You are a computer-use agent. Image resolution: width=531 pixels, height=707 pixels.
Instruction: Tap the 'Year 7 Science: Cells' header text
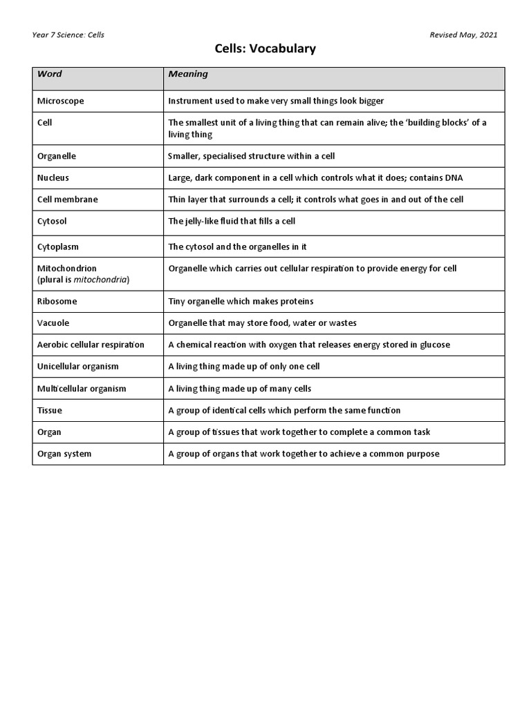click(x=68, y=35)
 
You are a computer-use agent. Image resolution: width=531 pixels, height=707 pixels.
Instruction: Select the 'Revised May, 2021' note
click(x=463, y=35)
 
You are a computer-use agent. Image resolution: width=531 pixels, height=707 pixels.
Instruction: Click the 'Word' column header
click(x=49, y=74)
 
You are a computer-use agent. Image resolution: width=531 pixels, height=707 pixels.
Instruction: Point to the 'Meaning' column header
click(x=188, y=74)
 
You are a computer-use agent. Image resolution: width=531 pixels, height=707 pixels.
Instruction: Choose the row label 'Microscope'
click(x=60, y=101)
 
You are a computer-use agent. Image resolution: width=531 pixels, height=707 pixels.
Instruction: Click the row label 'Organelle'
click(x=56, y=156)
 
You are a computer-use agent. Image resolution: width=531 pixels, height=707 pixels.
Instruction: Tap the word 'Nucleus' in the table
click(x=53, y=177)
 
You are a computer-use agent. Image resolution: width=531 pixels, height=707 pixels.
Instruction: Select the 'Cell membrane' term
click(x=67, y=200)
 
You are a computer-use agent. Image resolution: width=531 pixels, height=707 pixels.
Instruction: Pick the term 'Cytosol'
click(x=52, y=222)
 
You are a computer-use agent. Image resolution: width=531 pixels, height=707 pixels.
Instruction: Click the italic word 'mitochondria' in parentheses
click(x=100, y=280)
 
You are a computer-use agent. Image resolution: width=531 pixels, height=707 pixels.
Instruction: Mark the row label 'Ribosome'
click(x=57, y=302)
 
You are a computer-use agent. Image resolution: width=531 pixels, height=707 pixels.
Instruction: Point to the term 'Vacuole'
click(x=53, y=323)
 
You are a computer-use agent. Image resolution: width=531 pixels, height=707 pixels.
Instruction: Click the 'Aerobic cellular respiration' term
click(x=91, y=345)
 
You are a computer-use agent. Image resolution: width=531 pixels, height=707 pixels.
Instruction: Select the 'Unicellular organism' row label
click(x=77, y=367)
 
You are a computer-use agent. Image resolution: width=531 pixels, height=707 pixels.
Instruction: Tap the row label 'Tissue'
click(x=49, y=410)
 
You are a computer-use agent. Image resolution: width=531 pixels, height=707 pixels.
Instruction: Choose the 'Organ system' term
click(x=64, y=454)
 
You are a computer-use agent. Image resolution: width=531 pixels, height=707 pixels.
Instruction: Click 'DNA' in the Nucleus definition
click(x=454, y=177)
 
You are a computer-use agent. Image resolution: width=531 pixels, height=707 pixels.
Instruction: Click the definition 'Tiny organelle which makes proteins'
click(x=241, y=302)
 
